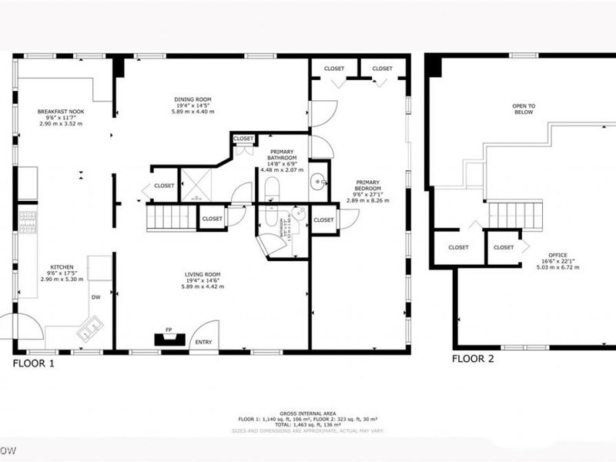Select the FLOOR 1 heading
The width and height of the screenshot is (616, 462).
click(33, 363)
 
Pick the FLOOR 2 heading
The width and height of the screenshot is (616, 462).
click(473, 359)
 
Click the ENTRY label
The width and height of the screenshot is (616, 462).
click(203, 341)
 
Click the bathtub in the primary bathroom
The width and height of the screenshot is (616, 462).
click(272, 189)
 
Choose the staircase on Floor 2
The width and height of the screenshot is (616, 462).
click(516, 214)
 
